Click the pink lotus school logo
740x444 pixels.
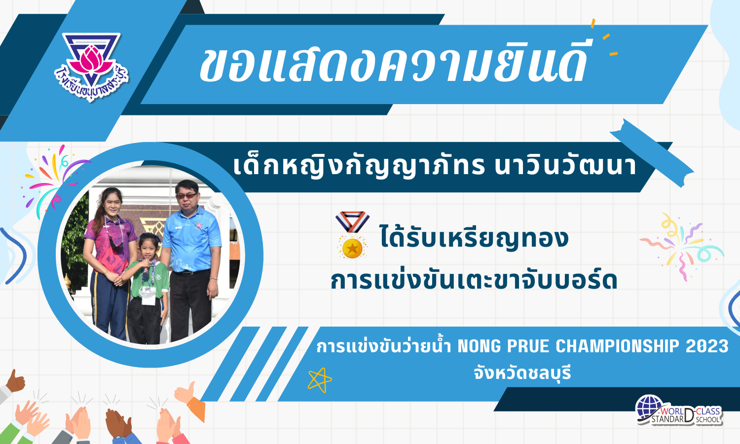(x=91, y=66)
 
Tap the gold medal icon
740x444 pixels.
(x=352, y=235)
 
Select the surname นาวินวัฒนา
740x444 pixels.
(x=565, y=167)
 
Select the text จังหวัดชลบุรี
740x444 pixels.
(x=522, y=373)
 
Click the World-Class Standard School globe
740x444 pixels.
(x=650, y=407)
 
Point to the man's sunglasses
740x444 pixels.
(x=186, y=196)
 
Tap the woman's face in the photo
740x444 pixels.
(x=113, y=205)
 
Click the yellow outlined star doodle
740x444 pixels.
(x=320, y=380)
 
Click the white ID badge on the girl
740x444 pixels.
(x=148, y=295)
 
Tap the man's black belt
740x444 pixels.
(x=190, y=272)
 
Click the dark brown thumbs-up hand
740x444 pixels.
(x=15, y=382)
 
